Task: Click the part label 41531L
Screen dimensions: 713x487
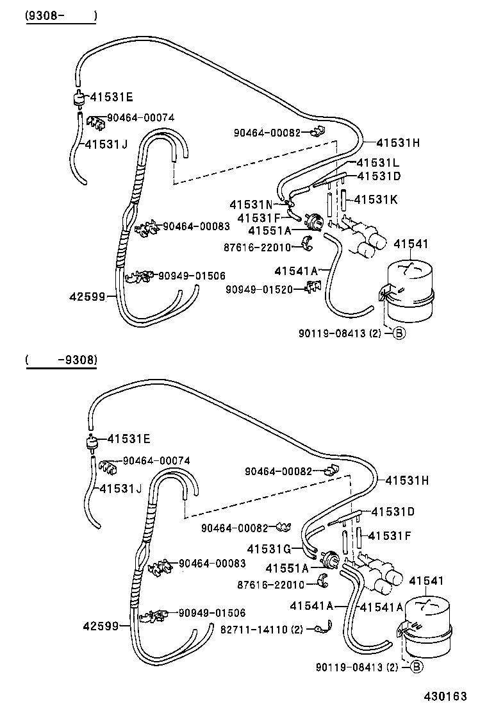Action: click(378, 163)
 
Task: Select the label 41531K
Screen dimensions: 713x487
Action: click(376, 199)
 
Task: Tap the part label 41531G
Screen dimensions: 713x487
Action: click(269, 549)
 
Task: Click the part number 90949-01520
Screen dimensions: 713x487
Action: click(258, 289)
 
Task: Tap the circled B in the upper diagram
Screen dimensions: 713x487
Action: click(399, 333)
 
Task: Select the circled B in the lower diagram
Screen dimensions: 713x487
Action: click(416, 667)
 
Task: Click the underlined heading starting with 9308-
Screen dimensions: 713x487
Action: click(60, 15)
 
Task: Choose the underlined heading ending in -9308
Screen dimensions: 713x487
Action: click(62, 360)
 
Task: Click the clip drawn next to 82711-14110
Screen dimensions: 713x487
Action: click(324, 630)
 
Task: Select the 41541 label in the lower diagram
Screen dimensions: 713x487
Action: click(426, 580)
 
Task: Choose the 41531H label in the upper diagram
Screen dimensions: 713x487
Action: click(397, 143)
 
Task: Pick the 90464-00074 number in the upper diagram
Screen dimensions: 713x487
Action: click(140, 117)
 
